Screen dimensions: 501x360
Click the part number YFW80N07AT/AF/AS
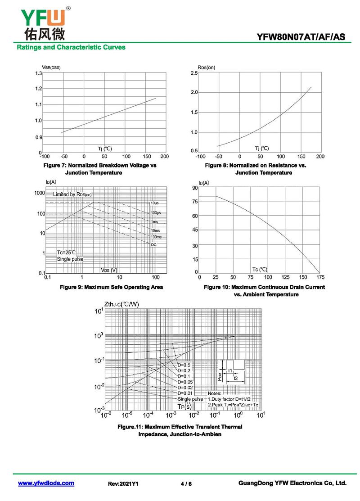point(301,37)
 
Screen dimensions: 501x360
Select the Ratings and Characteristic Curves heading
point(71,47)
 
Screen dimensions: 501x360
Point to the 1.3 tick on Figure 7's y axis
point(38,73)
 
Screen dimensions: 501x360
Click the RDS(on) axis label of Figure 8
point(206,67)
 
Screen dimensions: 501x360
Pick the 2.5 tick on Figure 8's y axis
point(194,73)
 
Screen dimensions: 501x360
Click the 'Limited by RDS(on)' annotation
point(72,194)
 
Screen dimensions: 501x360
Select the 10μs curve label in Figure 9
point(155,203)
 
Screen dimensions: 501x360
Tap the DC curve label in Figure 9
point(153,244)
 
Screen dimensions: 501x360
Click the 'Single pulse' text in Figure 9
point(70,259)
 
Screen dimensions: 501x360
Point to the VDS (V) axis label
point(109,270)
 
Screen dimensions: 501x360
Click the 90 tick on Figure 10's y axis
point(195,188)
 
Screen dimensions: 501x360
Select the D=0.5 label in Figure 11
point(184,365)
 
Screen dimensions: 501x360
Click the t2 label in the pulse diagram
point(235,378)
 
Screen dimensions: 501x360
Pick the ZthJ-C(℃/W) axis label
point(121,304)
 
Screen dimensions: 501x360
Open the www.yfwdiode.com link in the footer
point(46,483)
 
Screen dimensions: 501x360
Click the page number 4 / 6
point(186,483)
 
